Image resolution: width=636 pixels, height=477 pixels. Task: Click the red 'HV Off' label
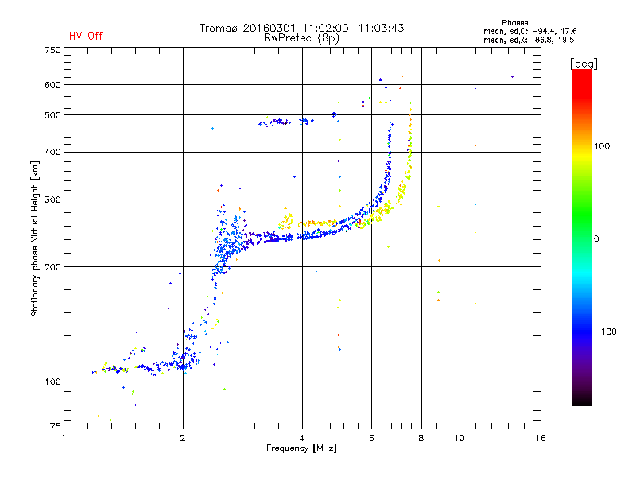pyautogui.click(x=86, y=36)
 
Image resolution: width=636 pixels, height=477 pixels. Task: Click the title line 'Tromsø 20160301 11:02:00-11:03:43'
pyautogui.click(x=302, y=28)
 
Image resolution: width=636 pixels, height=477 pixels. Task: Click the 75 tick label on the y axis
pyautogui.click(x=55, y=429)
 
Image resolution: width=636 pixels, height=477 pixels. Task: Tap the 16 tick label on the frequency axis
pyautogui.click(x=541, y=438)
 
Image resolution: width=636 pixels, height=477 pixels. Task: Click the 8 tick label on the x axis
pyautogui.click(x=421, y=438)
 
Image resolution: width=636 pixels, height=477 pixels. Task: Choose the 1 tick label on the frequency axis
pyautogui.click(x=64, y=438)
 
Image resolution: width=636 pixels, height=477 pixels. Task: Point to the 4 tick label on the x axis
pyautogui.click(x=302, y=438)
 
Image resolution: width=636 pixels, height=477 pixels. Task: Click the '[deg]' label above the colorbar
pyautogui.click(x=584, y=63)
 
